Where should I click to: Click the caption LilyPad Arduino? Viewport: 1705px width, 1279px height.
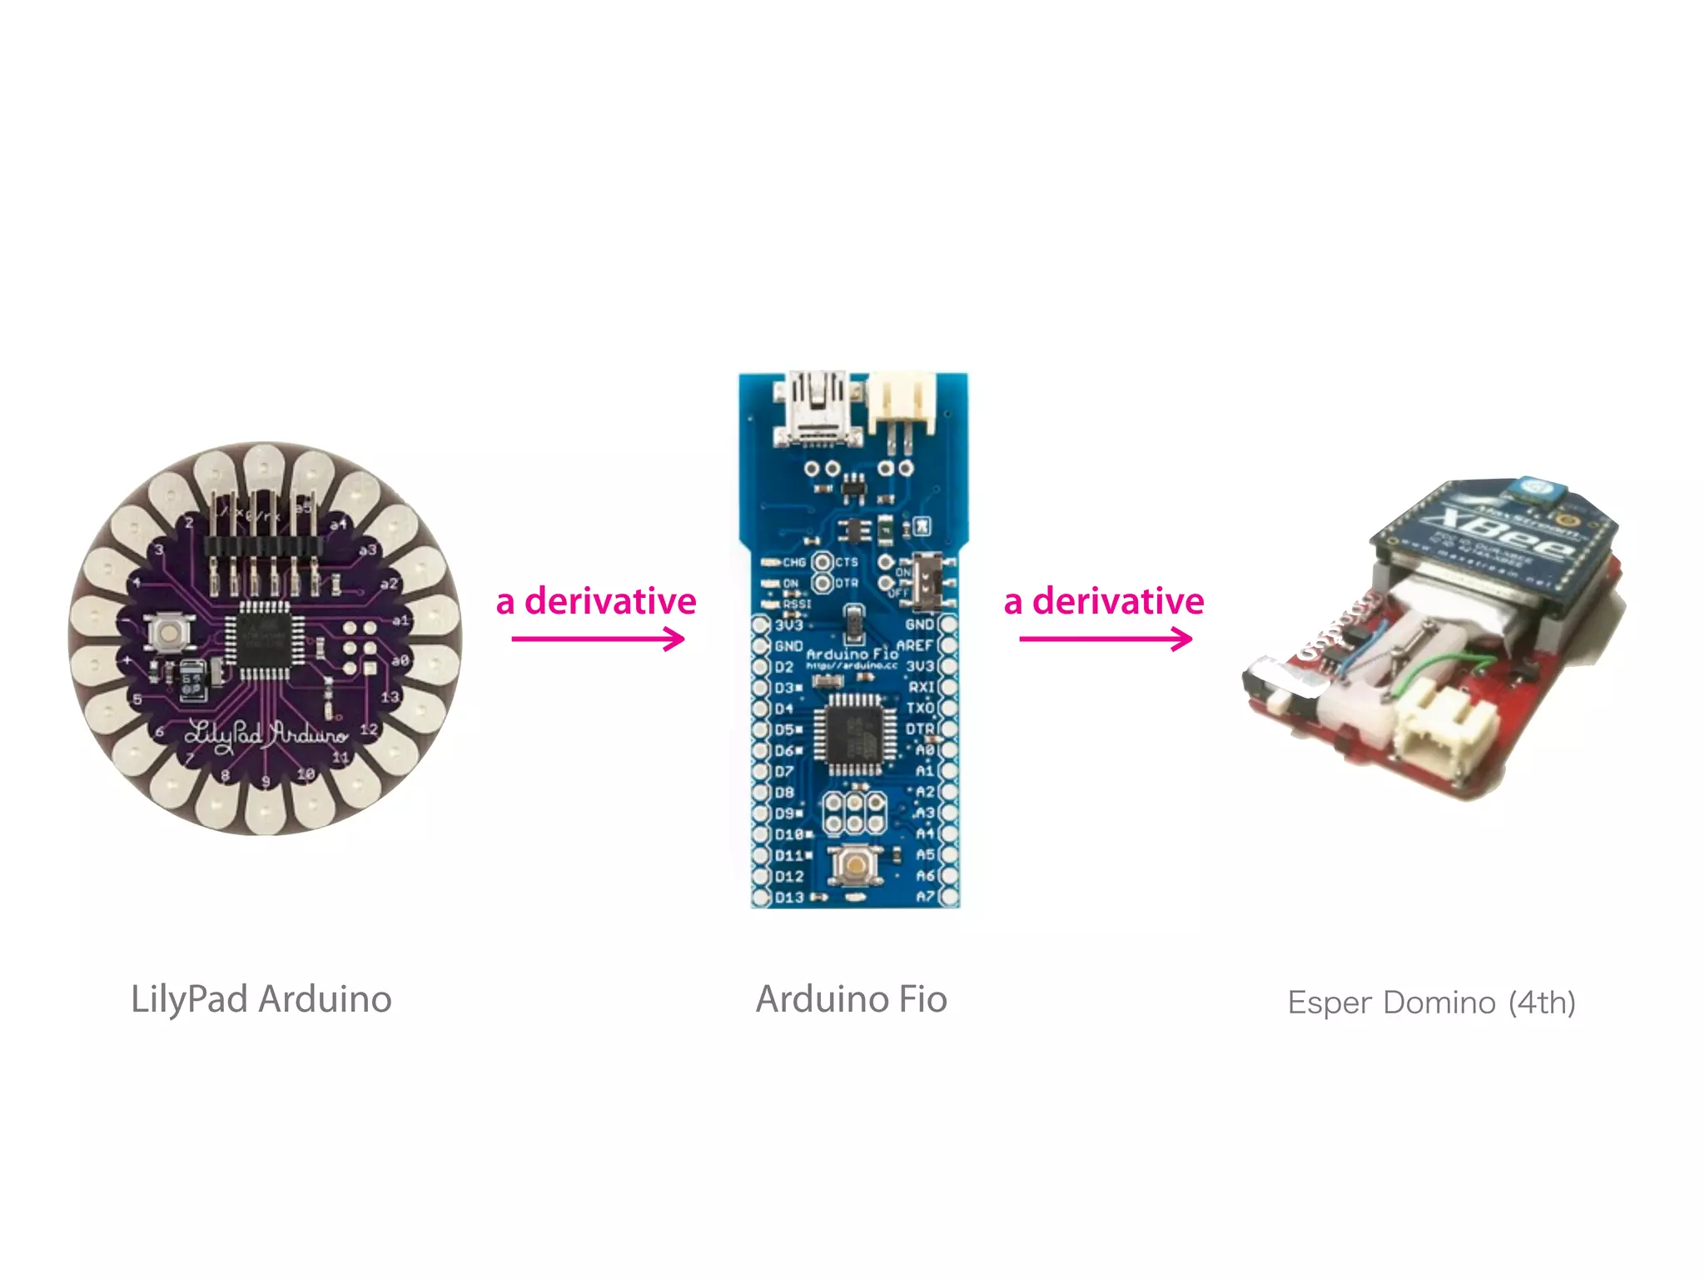click(x=261, y=999)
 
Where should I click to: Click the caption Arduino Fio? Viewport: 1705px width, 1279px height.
click(x=851, y=999)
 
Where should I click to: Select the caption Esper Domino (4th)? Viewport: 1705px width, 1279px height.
click(x=1431, y=1003)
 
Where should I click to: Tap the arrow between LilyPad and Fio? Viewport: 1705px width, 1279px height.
click(x=598, y=639)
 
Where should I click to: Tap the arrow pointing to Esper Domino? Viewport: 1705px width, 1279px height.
click(x=1106, y=639)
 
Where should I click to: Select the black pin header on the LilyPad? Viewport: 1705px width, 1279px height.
click(x=263, y=546)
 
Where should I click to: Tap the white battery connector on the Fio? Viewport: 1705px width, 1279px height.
click(x=901, y=404)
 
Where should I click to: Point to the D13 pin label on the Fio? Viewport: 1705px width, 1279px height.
click(x=789, y=898)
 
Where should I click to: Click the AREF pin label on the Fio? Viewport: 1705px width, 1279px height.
click(x=914, y=645)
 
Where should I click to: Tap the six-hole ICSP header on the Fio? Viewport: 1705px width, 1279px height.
click(x=854, y=813)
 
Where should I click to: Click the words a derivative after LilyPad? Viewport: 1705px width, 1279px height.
click(x=596, y=601)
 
